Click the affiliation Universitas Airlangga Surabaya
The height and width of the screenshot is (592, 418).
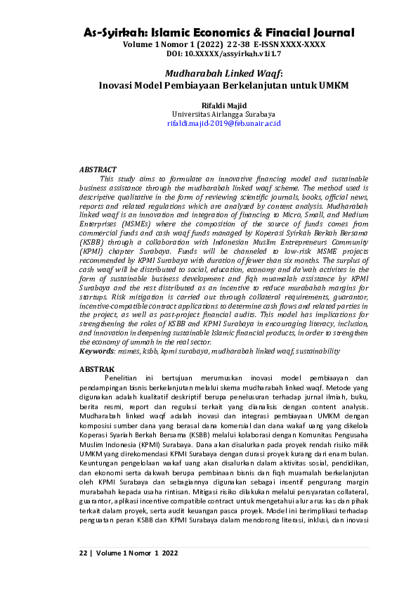click(223, 114)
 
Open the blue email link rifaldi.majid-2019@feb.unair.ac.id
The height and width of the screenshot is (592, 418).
click(223, 123)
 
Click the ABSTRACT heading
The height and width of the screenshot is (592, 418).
click(98, 169)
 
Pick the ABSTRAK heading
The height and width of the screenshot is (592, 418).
click(96, 368)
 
